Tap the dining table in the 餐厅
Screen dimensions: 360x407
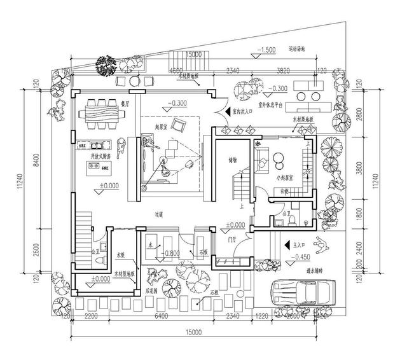coord(105,114)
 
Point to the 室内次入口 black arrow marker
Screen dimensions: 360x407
coord(224,111)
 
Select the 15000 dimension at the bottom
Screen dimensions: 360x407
coord(194,333)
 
